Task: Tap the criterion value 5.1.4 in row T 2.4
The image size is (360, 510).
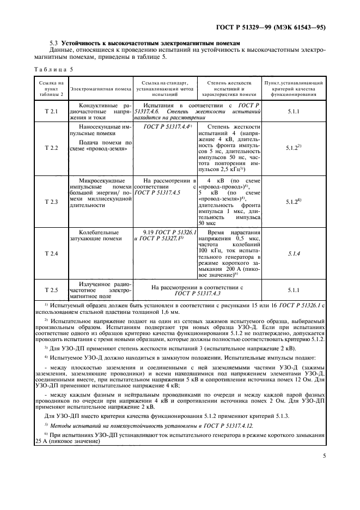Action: [294, 253]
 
